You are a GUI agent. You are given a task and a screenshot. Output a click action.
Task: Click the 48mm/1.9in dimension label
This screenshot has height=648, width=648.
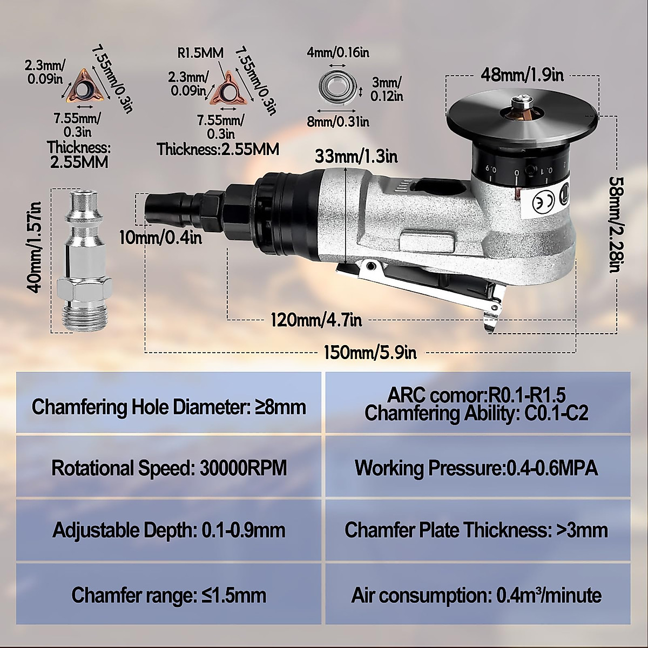click(x=522, y=75)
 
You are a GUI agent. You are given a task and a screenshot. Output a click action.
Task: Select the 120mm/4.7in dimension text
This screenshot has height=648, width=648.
click(x=316, y=320)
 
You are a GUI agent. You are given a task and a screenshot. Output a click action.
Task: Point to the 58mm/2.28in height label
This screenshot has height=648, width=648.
click(x=615, y=224)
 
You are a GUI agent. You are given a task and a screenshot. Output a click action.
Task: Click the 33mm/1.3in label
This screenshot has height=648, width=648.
click(x=356, y=157)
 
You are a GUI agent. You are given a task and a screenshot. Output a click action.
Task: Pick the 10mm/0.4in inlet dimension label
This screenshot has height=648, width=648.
click(x=161, y=237)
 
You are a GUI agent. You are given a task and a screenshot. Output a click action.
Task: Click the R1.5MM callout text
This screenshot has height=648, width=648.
click(x=200, y=53)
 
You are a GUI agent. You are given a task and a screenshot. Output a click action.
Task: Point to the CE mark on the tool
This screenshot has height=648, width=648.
click(x=543, y=201)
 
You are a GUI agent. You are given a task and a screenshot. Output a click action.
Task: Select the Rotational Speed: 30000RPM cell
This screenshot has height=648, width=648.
click(x=169, y=468)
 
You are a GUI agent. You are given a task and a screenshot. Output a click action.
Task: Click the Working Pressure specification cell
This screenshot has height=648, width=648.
click(x=477, y=468)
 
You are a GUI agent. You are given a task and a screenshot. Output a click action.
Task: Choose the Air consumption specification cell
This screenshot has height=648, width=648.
click(x=477, y=596)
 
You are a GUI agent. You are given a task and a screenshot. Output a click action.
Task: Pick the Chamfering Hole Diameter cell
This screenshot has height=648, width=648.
click(x=169, y=407)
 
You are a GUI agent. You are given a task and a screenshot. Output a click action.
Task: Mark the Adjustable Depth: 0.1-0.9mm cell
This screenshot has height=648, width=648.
click(x=169, y=530)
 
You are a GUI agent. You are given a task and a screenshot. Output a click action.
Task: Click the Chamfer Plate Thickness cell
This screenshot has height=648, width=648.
click(x=477, y=530)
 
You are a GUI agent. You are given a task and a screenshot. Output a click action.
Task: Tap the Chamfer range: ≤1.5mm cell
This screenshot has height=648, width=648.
click(x=169, y=596)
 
